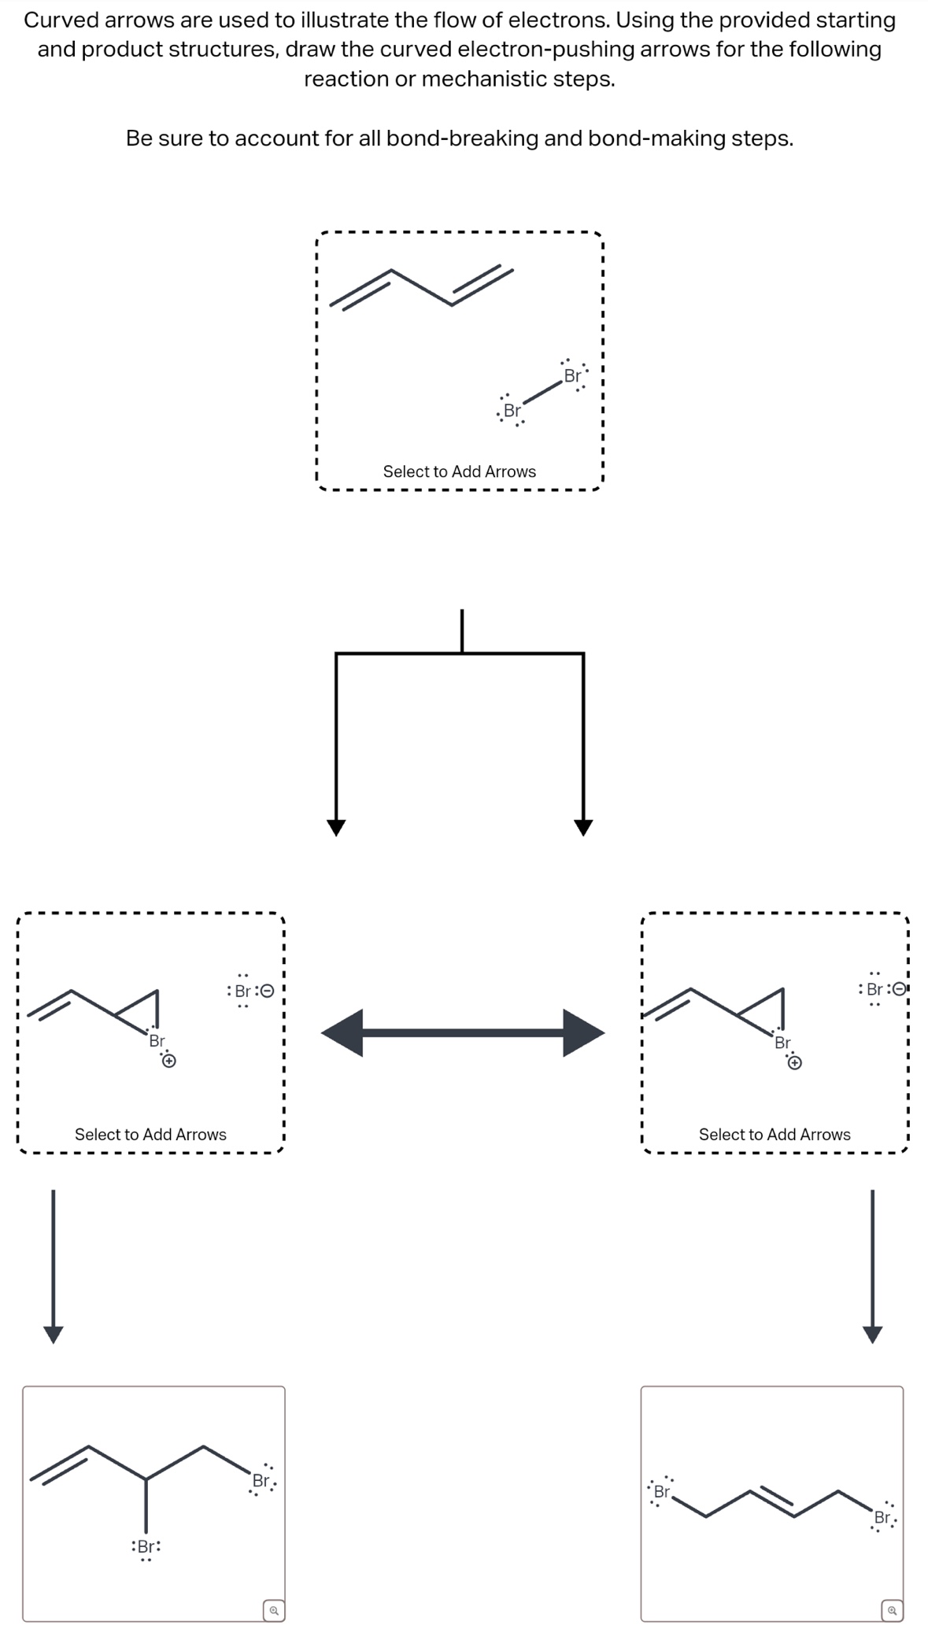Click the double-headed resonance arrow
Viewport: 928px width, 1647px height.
[463, 1032]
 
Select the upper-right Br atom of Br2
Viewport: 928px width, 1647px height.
[572, 376]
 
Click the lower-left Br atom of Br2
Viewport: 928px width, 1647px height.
[512, 411]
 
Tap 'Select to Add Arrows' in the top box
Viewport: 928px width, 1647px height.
[459, 471]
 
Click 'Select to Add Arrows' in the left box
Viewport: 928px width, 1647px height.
[150, 1134]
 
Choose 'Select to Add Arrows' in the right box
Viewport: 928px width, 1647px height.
[774, 1134]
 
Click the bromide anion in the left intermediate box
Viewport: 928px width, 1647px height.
[243, 991]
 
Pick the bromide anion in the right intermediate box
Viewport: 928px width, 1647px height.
[874, 990]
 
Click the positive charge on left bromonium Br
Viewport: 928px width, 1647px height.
[168, 1062]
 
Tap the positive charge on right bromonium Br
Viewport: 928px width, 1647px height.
[795, 1064]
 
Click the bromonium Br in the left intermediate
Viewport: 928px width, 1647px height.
[157, 1041]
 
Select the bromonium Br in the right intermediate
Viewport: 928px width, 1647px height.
[782, 1043]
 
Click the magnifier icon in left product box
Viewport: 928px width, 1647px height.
[273, 1610]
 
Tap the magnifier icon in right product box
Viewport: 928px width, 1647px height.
[892, 1610]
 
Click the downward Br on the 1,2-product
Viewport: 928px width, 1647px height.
[146, 1546]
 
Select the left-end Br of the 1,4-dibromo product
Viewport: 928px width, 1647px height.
[662, 1492]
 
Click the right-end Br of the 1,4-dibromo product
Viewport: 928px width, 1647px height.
[883, 1517]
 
